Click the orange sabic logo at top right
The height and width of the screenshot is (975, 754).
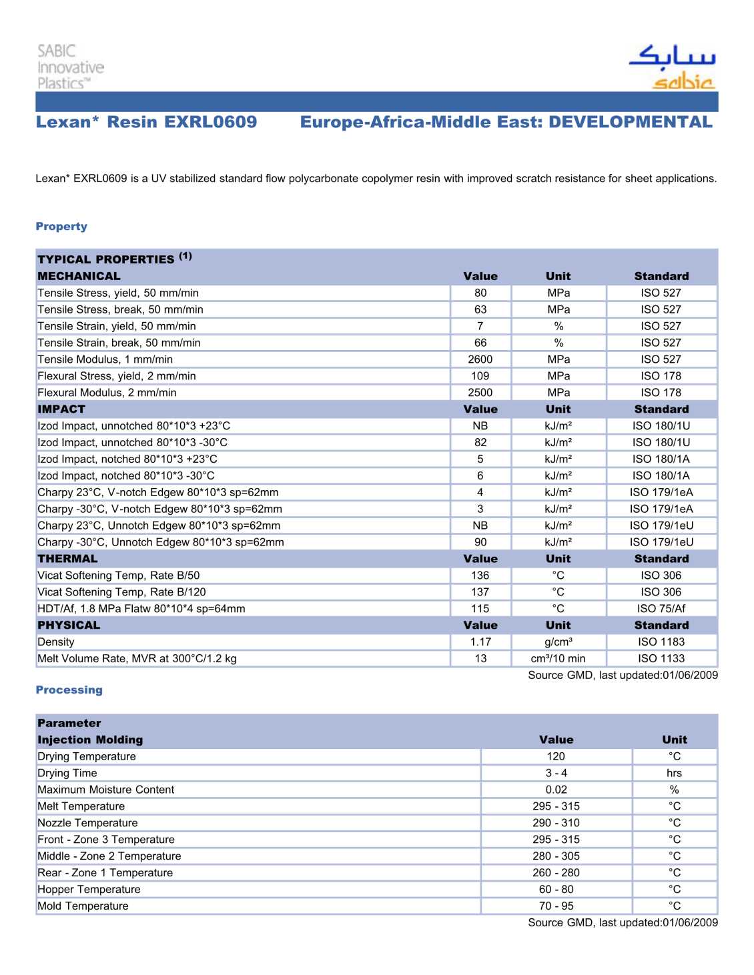coord(683,82)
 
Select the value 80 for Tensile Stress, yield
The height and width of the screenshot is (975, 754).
coord(480,293)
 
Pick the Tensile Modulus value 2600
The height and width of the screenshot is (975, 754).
coord(480,359)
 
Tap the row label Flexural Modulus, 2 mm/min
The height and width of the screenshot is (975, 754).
coord(107,393)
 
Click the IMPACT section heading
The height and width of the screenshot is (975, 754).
coord(61,409)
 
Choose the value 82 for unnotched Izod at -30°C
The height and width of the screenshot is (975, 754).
coord(480,443)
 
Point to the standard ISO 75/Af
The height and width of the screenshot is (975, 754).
coord(661,609)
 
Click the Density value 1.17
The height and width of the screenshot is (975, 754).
coord(480,642)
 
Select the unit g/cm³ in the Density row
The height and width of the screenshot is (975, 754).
coord(558,642)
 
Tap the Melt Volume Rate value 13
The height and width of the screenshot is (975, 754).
coord(480,659)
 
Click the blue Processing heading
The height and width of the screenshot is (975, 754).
coord(69,690)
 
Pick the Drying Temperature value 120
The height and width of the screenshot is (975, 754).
coord(556,756)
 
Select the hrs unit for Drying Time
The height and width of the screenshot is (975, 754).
coord(674,773)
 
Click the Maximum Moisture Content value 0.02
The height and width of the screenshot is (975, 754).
coord(556,790)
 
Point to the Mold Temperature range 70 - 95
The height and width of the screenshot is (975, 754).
coord(556,906)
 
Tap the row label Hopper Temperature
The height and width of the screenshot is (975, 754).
coord(89,890)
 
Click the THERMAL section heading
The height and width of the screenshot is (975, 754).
coord(67,559)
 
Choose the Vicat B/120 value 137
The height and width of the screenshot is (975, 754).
coord(480,592)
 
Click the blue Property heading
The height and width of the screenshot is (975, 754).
coord(61,227)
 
